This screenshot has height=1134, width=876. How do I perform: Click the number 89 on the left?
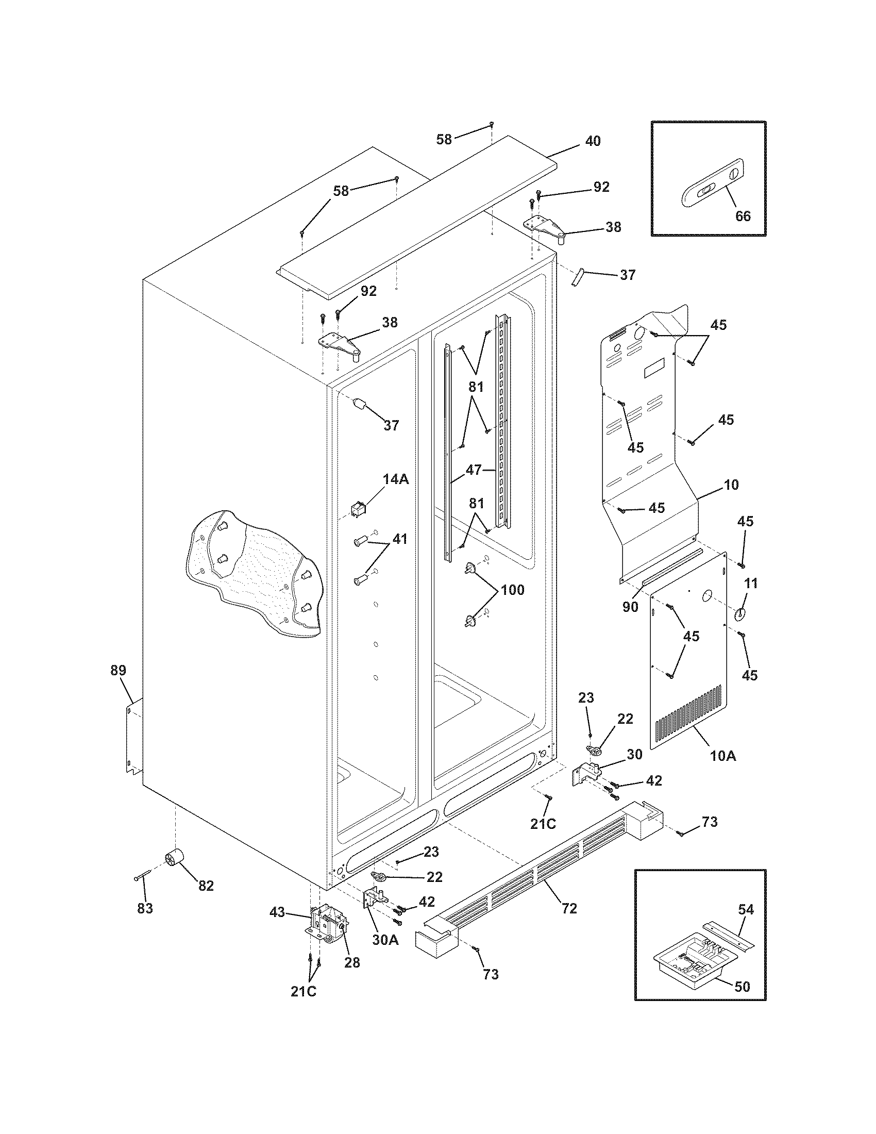point(119,670)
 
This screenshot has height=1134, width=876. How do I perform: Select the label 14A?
point(395,480)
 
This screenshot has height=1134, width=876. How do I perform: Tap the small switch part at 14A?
point(358,510)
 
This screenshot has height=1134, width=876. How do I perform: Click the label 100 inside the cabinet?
point(512,590)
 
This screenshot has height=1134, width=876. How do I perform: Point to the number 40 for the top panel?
point(593,141)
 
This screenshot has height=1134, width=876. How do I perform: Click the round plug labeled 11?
point(739,614)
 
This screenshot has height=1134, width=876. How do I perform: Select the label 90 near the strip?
point(630,607)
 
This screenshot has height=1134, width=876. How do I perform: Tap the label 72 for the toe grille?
point(569,909)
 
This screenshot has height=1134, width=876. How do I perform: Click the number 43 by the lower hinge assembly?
point(277,912)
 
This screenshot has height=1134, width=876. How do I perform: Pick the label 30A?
point(385,940)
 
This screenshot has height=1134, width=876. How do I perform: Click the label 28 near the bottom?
point(352,962)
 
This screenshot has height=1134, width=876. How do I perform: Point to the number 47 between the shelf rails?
point(474,471)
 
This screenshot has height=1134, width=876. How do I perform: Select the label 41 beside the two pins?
point(399,539)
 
